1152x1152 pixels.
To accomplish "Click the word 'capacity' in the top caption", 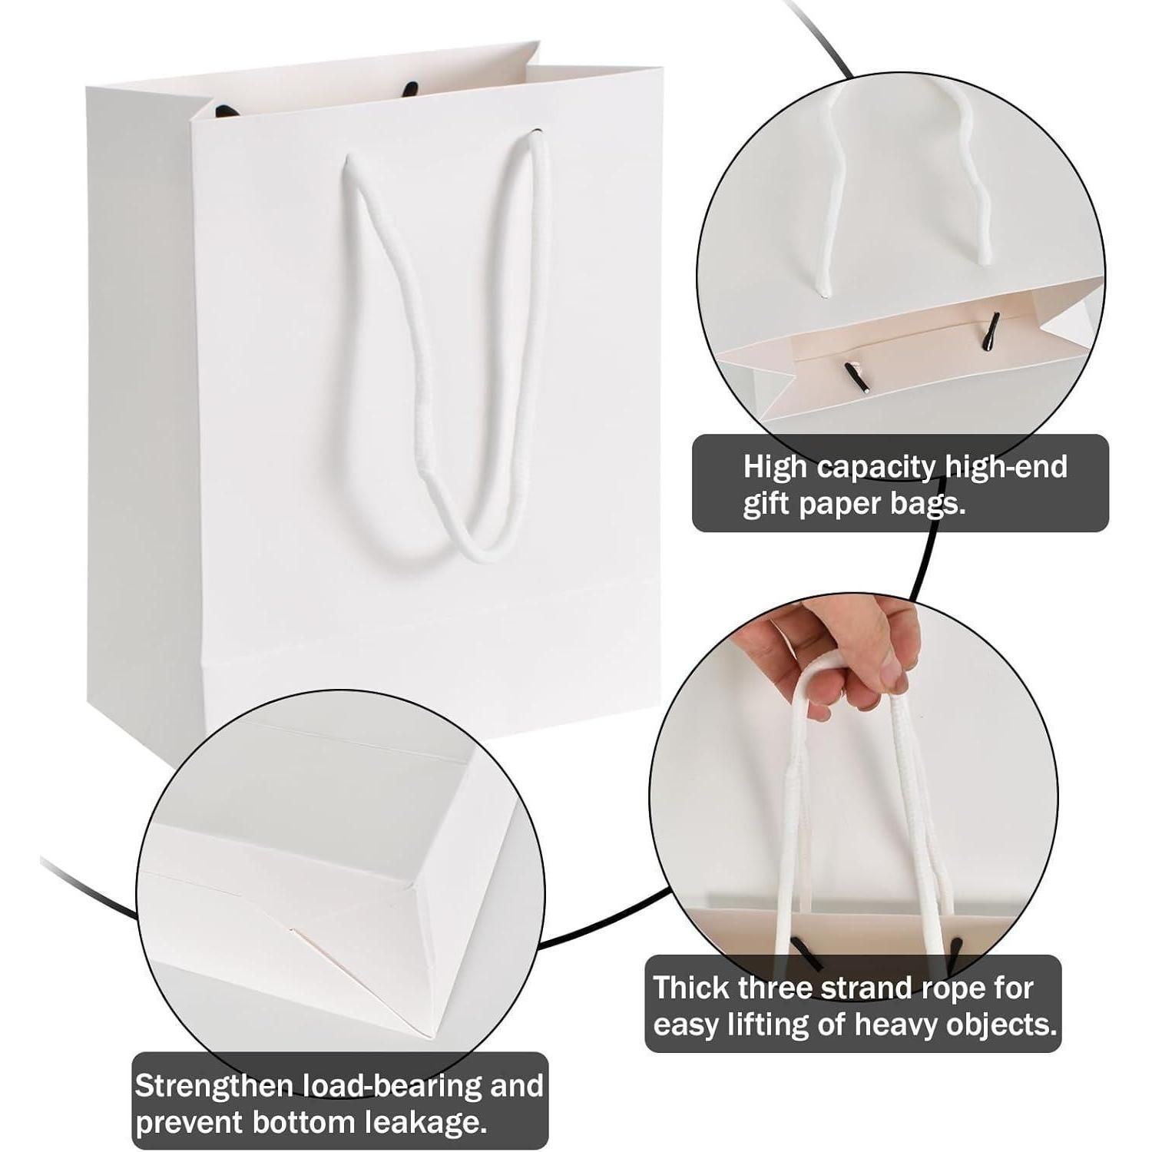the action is (872, 468).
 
